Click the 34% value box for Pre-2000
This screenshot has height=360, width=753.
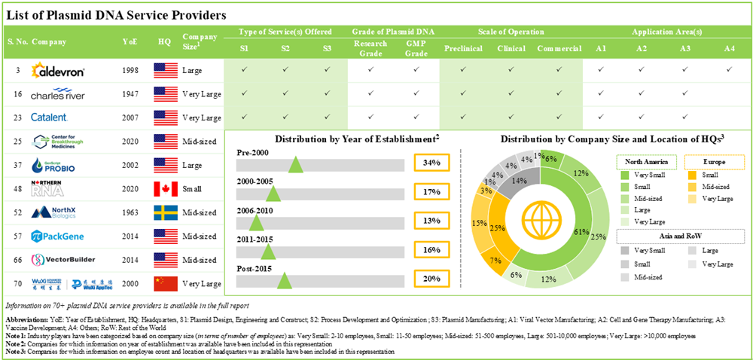click(431, 162)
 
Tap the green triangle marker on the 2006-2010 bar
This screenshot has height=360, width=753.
click(257, 222)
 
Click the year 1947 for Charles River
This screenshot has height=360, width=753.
click(130, 94)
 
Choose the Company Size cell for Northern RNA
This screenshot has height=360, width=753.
click(198, 189)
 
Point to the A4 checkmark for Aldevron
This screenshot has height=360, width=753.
click(729, 70)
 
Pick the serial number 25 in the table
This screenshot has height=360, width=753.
click(16, 142)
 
